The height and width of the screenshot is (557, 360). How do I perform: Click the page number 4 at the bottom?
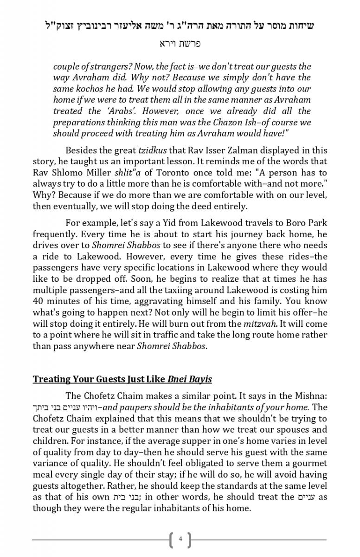(180, 539)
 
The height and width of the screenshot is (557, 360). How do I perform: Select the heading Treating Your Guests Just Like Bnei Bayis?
(122, 379)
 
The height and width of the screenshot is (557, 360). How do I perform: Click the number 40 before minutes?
(39, 301)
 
